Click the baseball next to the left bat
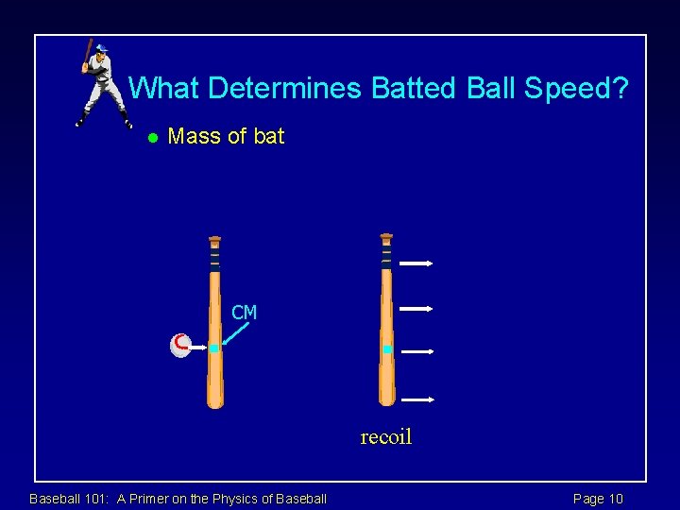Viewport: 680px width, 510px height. pos(181,346)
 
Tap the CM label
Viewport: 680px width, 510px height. pos(245,313)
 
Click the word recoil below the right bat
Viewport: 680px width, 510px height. pos(386,437)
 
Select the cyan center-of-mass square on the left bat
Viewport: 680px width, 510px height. pos(214,348)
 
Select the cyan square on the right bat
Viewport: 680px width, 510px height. pos(387,349)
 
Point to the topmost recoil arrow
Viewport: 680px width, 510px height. pos(416,263)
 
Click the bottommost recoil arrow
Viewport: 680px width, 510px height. pos(416,399)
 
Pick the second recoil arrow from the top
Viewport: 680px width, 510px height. pos(416,308)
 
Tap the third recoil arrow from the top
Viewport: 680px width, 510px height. pos(416,351)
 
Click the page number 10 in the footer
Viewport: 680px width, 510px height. pos(614,499)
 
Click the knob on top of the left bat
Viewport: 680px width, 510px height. pos(215,239)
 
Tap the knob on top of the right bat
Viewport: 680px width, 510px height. pos(386,236)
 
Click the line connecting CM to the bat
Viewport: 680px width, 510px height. pos(239,334)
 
